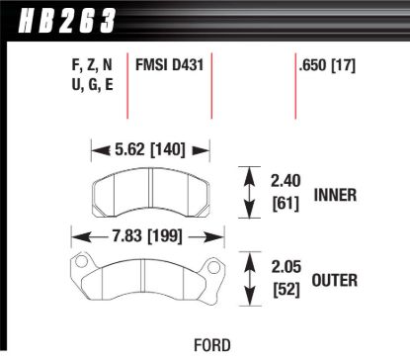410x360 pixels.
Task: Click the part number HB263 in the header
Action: (x=59, y=17)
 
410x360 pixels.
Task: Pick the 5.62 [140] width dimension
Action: (x=151, y=150)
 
